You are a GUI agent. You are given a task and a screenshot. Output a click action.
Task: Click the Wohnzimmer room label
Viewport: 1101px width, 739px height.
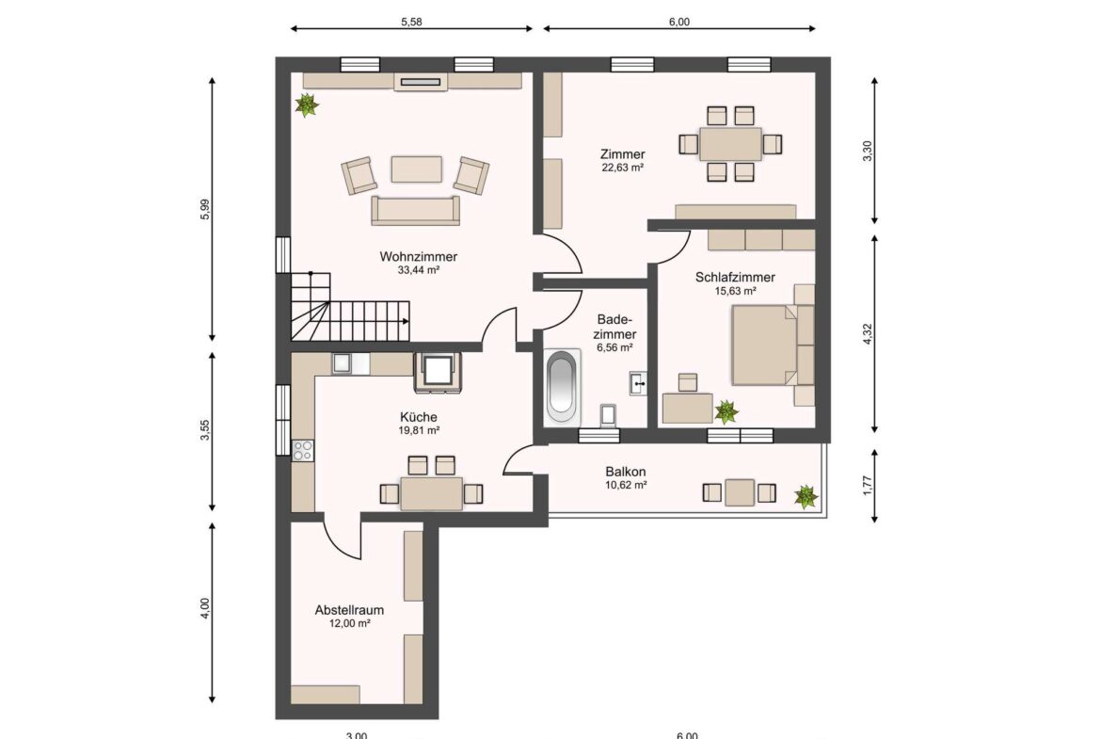pos(419,256)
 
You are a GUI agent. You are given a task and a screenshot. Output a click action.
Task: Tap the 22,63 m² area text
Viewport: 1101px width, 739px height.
pos(623,169)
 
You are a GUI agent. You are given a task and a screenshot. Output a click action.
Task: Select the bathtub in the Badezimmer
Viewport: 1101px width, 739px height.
pos(562,387)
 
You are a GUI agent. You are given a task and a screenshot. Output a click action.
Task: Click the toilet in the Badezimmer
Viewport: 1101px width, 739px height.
pos(607,414)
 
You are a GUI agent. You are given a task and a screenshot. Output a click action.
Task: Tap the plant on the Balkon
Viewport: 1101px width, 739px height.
pos(806,496)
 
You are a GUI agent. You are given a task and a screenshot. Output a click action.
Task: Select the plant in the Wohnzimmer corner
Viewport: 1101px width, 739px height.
pos(307,104)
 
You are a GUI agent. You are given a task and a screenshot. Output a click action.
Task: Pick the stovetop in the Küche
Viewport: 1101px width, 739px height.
pos(303,451)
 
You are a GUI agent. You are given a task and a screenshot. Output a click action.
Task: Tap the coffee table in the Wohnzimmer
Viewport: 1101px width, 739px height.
pos(416,169)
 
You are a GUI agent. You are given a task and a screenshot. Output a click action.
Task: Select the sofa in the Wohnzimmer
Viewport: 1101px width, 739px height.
pos(416,211)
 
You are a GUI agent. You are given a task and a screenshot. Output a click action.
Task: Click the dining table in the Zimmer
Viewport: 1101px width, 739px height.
pos(730,144)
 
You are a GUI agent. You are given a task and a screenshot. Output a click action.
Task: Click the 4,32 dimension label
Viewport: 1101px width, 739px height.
pos(868,333)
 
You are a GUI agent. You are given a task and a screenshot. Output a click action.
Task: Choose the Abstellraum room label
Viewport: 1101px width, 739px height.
pos(349,610)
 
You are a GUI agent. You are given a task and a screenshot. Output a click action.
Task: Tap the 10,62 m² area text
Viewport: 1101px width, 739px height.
pos(626,486)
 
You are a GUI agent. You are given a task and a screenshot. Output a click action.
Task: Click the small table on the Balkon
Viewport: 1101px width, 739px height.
pos(740,492)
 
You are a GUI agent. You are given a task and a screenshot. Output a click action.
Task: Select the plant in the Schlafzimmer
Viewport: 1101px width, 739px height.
pos(726,410)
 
